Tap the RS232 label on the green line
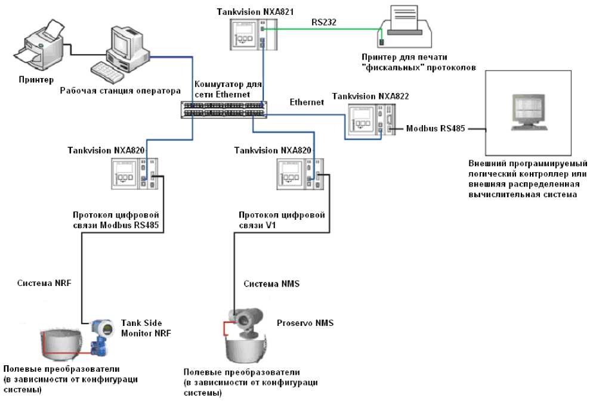(x=324, y=21)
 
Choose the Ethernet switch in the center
(x=224, y=109)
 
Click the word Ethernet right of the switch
(x=307, y=102)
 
